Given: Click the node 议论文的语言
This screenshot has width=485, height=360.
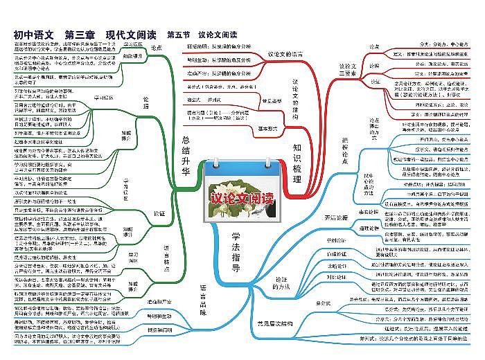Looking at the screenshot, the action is coord(285,54).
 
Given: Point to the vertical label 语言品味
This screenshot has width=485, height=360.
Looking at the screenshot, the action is coord(203,298).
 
